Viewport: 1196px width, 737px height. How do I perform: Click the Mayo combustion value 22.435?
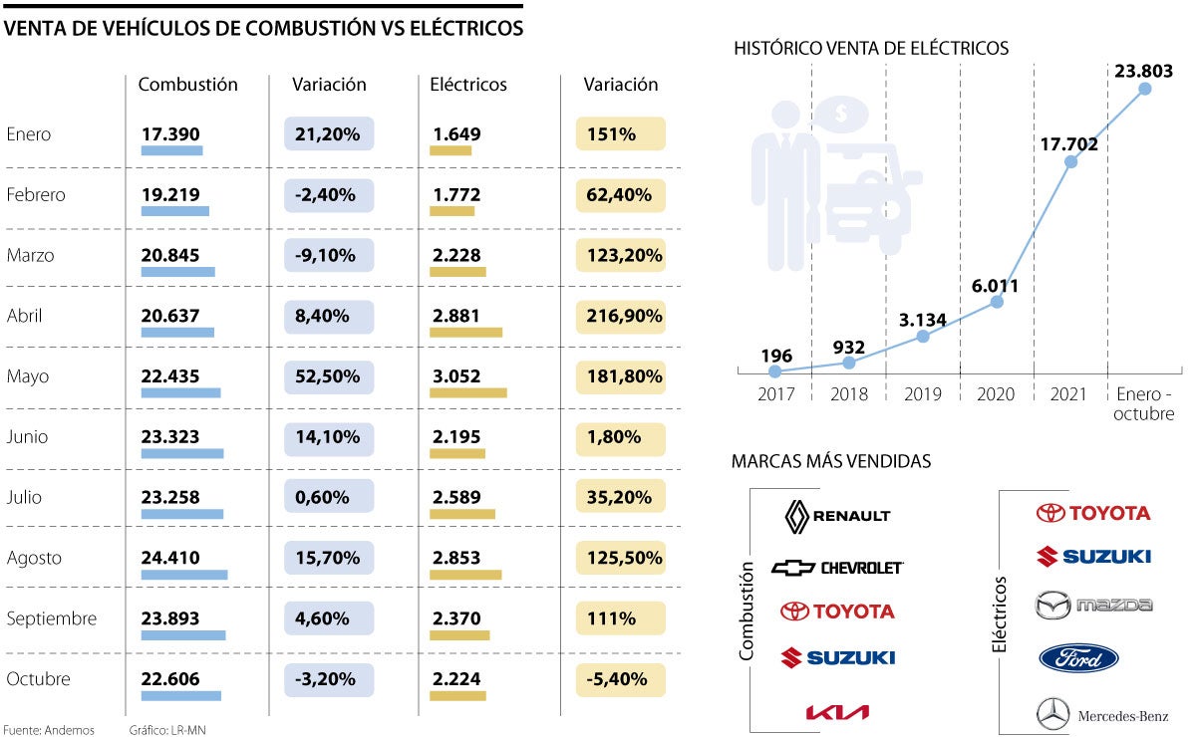pos(170,376)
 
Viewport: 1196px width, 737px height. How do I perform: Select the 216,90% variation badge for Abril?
pos(619,316)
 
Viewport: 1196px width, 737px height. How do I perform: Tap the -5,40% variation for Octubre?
pos(619,679)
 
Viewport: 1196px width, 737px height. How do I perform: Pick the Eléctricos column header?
pos(468,85)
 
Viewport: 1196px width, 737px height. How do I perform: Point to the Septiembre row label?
pos(51,618)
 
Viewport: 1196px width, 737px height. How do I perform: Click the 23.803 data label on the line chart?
pos(1145,71)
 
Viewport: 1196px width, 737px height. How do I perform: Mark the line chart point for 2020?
pos(997,301)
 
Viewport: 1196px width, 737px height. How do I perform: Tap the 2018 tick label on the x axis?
pos(849,394)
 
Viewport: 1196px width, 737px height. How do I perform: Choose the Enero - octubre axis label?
pos(1144,403)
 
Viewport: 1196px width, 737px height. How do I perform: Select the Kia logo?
pos(837,711)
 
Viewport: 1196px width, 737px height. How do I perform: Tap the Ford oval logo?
pos(1078,658)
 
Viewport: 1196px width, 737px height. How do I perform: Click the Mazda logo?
pos(1093,605)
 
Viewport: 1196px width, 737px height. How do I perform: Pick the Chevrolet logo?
pos(837,568)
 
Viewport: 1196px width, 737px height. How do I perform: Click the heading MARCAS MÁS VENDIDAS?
pos(831,461)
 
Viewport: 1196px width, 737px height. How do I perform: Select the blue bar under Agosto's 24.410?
pos(184,575)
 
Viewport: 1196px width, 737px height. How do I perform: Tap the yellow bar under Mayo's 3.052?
pos(468,392)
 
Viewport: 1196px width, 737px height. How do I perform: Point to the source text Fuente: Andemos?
pos(50,730)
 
